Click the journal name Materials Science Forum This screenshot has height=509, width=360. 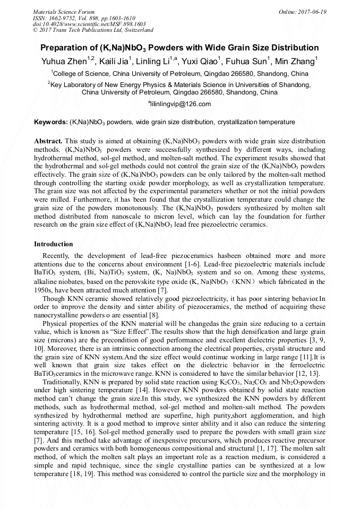point(64,12)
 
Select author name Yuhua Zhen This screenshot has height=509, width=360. point(65,62)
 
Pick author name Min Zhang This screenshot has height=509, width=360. point(299,62)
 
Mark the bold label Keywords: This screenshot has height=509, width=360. point(50,122)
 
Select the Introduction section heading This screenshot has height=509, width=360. point(54,244)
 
